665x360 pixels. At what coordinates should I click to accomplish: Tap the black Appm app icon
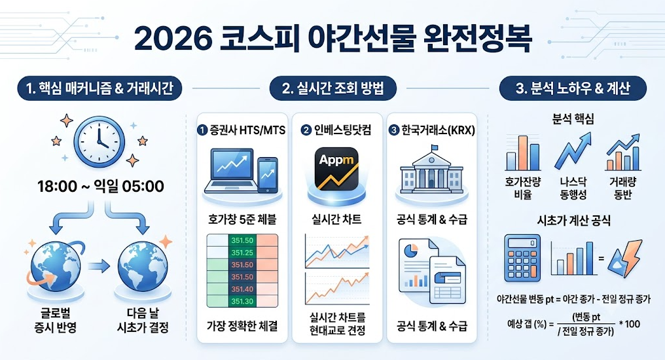[336, 169]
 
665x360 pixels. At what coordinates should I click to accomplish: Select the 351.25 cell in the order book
[242, 252]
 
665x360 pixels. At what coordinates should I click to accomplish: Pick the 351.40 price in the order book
[242, 289]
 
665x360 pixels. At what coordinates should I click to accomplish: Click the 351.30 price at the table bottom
[242, 302]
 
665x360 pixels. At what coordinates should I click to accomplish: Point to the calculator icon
[522, 259]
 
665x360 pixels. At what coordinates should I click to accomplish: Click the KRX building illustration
[431, 170]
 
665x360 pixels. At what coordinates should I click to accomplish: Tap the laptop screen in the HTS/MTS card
[232, 166]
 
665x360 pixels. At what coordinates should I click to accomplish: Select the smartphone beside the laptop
[268, 175]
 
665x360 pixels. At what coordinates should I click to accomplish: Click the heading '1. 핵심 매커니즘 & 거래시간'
[99, 88]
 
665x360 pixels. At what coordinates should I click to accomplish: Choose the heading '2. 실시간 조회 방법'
[333, 88]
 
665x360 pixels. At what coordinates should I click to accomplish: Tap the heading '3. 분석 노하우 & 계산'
[573, 88]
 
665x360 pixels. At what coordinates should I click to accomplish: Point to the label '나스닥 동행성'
[573, 189]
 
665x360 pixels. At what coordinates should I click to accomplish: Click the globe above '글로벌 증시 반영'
[56, 266]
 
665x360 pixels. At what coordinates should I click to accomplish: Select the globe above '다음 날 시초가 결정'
[143, 266]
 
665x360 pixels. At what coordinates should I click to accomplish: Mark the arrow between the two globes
[99, 266]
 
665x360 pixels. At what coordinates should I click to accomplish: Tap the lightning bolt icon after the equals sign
[624, 259]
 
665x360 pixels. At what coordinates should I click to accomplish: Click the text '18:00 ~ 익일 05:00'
[101, 186]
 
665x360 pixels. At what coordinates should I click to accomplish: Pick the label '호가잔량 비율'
[523, 189]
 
